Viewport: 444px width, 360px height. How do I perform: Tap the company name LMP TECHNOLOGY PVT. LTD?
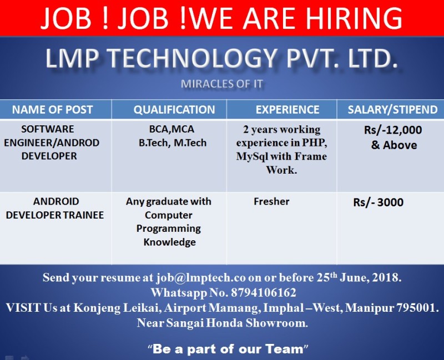(x=221, y=59)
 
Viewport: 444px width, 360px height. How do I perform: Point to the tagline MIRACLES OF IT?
(x=221, y=84)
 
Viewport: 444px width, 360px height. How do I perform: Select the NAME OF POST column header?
(x=53, y=109)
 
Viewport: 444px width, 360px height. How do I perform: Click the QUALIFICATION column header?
(x=174, y=109)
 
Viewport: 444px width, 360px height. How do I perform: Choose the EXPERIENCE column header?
(x=287, y=109)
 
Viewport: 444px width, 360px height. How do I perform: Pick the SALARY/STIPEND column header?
(x=392, y=109)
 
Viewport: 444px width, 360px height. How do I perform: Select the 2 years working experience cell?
(x=281, y=150)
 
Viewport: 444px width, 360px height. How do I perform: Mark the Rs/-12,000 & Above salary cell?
(x=393, y=138)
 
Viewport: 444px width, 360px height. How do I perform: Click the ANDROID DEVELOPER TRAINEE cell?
(x=56, y=208)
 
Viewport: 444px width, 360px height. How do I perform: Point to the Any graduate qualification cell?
(x=169, y=221)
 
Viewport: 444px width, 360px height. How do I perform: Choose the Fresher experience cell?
(x=271, y=201)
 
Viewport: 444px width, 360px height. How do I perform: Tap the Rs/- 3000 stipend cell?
(x=379, y=202)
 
